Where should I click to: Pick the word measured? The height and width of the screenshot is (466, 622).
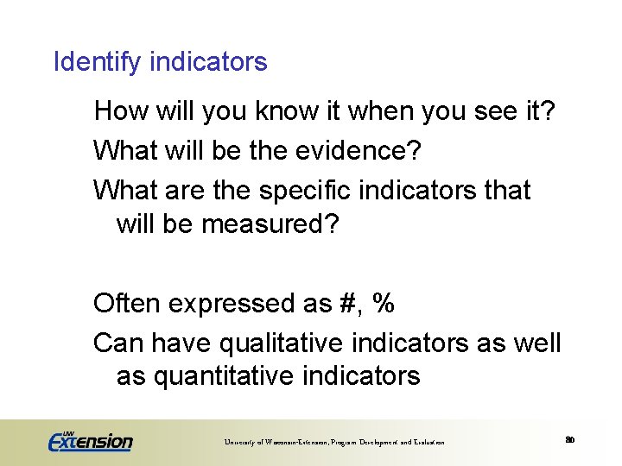tap(270, 224)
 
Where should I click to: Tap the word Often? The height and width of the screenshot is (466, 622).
tap(127, 303)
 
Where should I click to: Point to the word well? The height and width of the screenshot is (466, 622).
tap(537, 343)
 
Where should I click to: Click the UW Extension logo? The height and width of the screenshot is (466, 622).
tap(90, 440)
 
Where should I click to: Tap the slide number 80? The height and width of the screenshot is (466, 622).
tap(570, 440)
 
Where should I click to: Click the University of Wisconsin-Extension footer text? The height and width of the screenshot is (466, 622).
tap(334, 442)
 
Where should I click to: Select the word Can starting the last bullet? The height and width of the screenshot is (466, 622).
tap(118, 343)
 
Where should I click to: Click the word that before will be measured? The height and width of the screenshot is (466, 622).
tap(505, 189)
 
